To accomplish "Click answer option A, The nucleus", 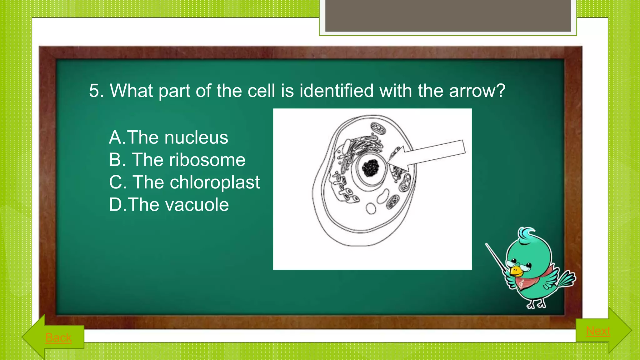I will pos(169,137).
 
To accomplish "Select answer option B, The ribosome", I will pos(177,160).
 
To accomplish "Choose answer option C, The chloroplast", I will pos(184,182).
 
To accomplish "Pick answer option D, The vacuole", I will pos(169,205).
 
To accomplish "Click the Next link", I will pos(598,331).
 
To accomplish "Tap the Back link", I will pos(58,338).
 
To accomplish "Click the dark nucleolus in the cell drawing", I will pos(371,168).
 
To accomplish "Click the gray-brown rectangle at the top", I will pos(448,16).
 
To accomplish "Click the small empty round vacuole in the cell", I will pos(371,209).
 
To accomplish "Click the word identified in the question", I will pos(336,91).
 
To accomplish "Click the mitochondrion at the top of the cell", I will pos(378,128).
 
